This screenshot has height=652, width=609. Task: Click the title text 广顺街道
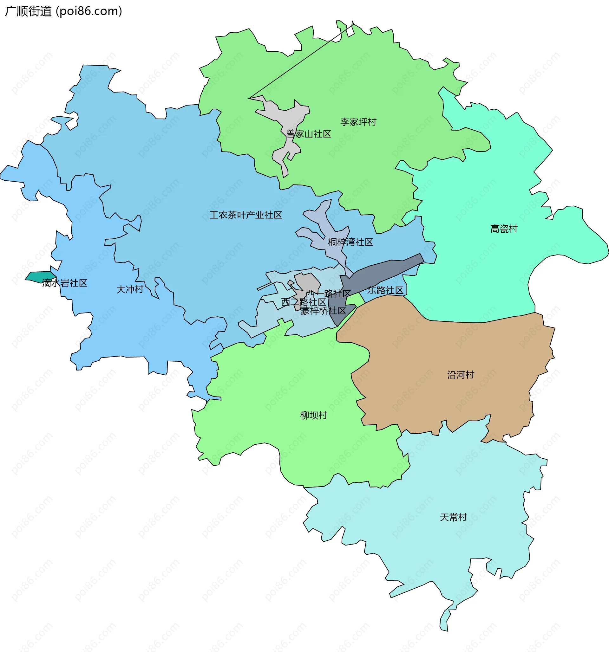pyautogui.click(x=28, y=11)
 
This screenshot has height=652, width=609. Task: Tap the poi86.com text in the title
pyautogui.click(x=89, y=11)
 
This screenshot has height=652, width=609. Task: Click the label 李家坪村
pyautogui.click(x=358, y=122)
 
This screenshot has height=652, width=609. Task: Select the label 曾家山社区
pyautogui.click(x=308, y=134)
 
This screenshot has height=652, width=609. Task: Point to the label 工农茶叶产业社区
pyautogui.click(x=246, y=215)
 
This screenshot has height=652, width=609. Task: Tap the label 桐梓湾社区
pyautogui.click(x=350, y=242)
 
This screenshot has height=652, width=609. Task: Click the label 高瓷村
pyautogui.click(x=504, y=229)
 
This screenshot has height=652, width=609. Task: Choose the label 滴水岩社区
pyautogui.click(x=65, y=283)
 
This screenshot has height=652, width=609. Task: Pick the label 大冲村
pyautogui.click(x=130, y=290)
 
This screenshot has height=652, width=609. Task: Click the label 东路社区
pyautogui.click(x=385, y=290)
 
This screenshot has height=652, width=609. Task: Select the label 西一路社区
pyautogui.click(x=328, y=294)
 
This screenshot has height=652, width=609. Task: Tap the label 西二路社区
pyautogui.click(x=304, y=302)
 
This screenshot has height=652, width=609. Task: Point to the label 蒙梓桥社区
pyautogui.click(x=323, y=311)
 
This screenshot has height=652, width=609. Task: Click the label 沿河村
pyautogui.click(x=460, y=375)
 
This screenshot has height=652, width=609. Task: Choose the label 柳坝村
pyautogui.click(x=314, y=416)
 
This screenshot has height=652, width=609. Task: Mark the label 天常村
pyautogui.click(x=453, y=517)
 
